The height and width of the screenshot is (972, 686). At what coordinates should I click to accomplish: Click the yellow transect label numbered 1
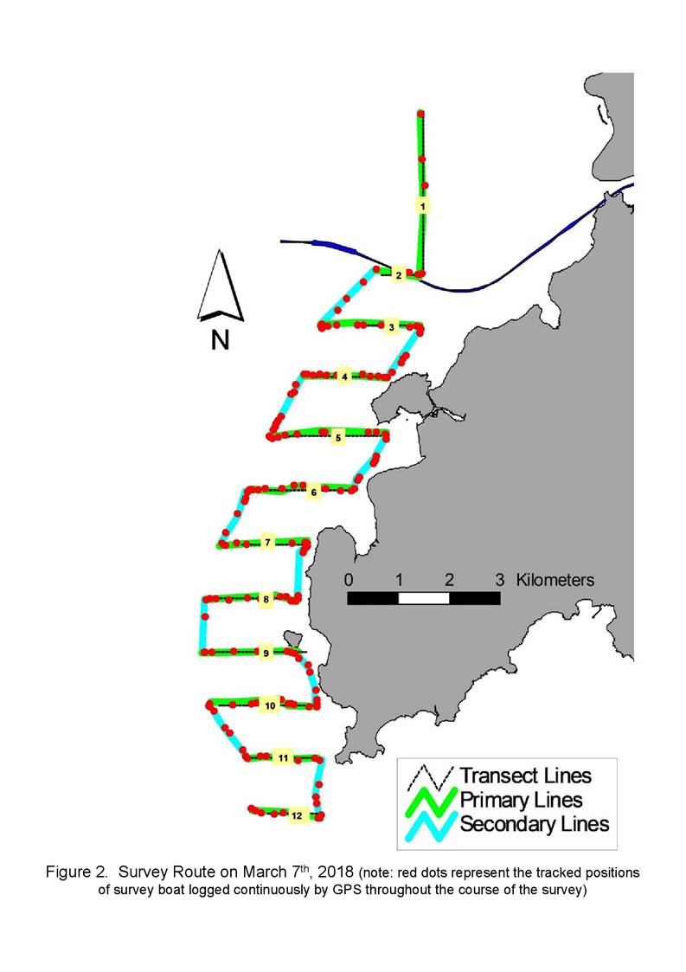(423, 205)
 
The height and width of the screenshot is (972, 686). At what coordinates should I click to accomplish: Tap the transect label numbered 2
(399, 274)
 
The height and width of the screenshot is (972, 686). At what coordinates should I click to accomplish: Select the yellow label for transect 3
(391, 326)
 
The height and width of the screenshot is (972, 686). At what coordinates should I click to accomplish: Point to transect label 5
(337, 438)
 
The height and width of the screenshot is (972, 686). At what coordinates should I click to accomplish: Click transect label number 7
(267, 543)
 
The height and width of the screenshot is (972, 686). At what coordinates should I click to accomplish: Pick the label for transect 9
(266, 653)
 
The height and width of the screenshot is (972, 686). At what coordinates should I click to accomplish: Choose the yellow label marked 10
(270, 705)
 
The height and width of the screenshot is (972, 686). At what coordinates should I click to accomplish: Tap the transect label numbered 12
(297, 815)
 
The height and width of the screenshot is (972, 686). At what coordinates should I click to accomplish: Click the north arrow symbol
(221, 286)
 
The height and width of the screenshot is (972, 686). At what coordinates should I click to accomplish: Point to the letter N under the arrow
(220, 340)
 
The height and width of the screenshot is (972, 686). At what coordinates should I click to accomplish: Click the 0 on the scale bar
(349, 580)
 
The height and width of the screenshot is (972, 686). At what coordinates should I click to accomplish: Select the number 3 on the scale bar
(499, 580)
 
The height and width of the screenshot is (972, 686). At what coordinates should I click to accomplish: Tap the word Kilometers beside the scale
(555, 580)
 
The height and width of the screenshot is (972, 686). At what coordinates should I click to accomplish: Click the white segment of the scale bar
(424, 597)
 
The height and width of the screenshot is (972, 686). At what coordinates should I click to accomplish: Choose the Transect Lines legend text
(525, 776)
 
